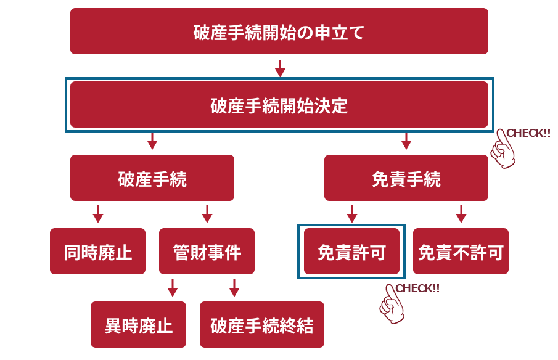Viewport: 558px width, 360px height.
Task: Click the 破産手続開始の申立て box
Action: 279,31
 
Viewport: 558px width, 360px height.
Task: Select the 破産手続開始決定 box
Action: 279,105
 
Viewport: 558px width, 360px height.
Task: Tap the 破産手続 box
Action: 152,178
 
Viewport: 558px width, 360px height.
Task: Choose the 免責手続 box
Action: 406,178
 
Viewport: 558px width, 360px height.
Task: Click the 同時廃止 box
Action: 97,251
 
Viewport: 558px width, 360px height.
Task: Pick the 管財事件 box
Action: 207,251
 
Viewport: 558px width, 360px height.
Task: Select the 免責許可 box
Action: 351,251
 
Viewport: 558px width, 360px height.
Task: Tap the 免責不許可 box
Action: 461,251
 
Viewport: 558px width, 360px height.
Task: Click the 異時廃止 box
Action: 139,324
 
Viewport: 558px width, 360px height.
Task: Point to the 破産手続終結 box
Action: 262,324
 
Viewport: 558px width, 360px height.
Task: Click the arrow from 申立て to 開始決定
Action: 280,68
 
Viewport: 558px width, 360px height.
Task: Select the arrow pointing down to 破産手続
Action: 152,141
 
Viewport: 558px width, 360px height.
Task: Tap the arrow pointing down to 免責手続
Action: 406,141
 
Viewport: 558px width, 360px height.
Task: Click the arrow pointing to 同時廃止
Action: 98,214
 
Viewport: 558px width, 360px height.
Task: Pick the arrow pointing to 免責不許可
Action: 461,214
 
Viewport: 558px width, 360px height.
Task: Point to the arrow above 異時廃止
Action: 173,288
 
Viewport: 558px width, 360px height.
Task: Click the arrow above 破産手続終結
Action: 234,288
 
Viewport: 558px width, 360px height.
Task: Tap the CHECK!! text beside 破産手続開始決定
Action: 528,133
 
